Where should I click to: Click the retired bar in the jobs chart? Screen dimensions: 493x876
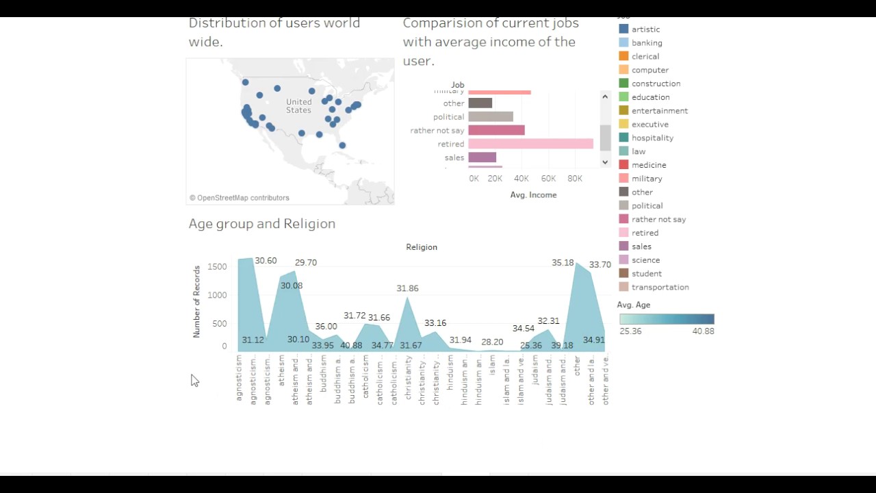point(530,144)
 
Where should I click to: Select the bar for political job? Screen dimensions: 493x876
point(491,116)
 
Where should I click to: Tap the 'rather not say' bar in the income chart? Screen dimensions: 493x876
point(496,130)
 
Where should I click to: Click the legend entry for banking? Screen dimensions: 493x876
point(646,42)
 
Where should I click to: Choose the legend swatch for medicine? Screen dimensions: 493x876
point(623,165)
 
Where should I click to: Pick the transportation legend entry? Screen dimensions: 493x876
point(660,287)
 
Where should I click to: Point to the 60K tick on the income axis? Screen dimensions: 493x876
point(548,179)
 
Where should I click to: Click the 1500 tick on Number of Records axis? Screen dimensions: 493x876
point(217,266)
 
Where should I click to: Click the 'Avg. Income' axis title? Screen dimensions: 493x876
point(533,195)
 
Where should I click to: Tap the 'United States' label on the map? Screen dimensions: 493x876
point(298,106)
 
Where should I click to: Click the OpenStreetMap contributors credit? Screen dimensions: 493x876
point(240,198)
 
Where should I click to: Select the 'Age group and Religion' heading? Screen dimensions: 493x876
point(262,224)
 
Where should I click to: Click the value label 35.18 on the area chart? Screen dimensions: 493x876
point(563,263)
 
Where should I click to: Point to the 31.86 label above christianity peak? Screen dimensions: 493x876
point(407,289)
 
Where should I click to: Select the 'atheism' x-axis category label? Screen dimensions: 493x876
point(281,370)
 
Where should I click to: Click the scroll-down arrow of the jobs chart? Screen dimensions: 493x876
point(605,162)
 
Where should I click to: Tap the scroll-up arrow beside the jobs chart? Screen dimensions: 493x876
point(605,97)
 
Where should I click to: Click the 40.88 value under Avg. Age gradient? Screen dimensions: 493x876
point(703,331)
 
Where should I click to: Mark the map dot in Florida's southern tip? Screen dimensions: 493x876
point(342,145)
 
